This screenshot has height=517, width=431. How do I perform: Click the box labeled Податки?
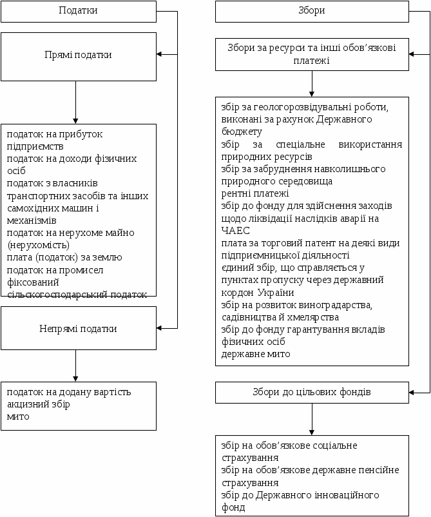click(78, 11)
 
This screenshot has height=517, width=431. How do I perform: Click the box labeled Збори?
click(312, 11)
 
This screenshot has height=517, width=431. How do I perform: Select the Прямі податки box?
click(78, 55)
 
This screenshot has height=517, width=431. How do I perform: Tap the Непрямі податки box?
click(78, 329)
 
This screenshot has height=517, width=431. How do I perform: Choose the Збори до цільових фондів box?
click(312, 392)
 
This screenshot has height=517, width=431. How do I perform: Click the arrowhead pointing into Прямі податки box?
click(160, 55)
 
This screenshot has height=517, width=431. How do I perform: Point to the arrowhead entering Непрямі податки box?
click(160, 328)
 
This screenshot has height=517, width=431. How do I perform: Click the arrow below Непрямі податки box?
click(75, 366)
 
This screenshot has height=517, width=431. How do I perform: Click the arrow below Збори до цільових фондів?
click(312, 419)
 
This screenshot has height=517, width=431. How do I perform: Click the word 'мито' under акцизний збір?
click(18, 416)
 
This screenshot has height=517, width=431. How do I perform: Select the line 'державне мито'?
click(256, 354)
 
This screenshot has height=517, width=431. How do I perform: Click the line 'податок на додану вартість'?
click(68, 392)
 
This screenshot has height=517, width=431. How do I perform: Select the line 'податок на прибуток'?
click(55, 134)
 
